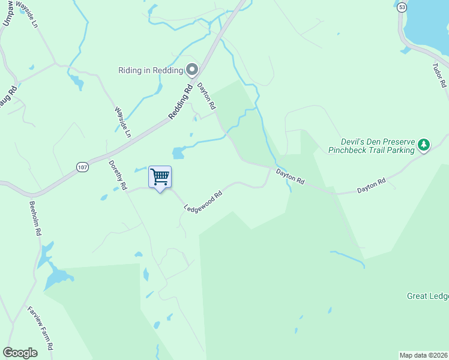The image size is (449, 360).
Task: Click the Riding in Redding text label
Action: pos(151,70)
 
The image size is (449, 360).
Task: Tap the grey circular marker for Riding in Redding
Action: pos(192,70)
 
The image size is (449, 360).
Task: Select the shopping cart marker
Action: pos(160,177)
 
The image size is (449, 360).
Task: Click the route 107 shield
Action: pos(83,166)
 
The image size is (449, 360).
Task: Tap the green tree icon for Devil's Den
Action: pos(424,145)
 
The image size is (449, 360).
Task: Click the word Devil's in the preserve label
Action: pos(342,142)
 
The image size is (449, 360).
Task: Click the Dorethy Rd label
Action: pos(118,175)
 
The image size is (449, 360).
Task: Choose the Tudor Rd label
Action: pos(440,76)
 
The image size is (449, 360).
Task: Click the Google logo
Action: pos(20,353)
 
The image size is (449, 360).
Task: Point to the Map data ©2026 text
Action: pos(423,355)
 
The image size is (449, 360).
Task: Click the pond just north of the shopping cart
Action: pos(178,153)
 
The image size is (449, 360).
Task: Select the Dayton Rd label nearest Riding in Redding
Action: pos(206,96)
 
